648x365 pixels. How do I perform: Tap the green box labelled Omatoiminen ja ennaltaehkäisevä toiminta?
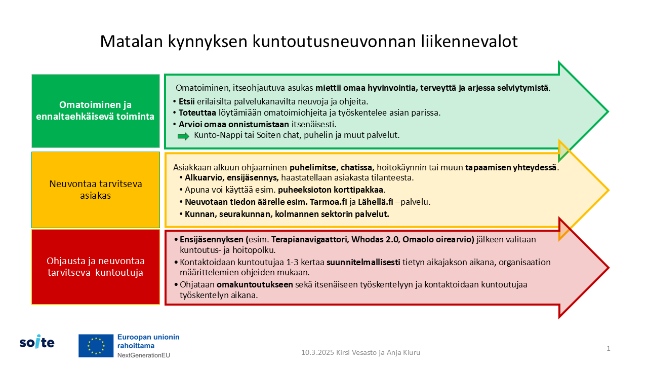96,111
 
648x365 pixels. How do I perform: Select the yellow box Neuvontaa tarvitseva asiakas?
96,190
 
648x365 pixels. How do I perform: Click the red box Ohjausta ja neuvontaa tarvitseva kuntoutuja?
96,267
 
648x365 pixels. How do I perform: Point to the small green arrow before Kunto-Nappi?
183,136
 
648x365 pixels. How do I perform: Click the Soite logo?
37,342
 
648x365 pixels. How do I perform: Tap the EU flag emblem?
96,346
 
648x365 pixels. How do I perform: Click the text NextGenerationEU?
143,355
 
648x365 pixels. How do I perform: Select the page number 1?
609,348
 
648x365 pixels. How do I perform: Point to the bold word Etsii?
187,102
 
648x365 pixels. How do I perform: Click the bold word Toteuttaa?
197,113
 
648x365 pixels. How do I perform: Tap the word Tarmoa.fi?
329,202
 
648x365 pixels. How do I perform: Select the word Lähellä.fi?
376,202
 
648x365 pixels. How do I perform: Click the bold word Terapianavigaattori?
310,240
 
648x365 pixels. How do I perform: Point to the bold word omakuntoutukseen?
255,285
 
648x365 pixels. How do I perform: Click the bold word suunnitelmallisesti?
363,262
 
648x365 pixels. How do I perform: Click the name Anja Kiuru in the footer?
403,352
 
